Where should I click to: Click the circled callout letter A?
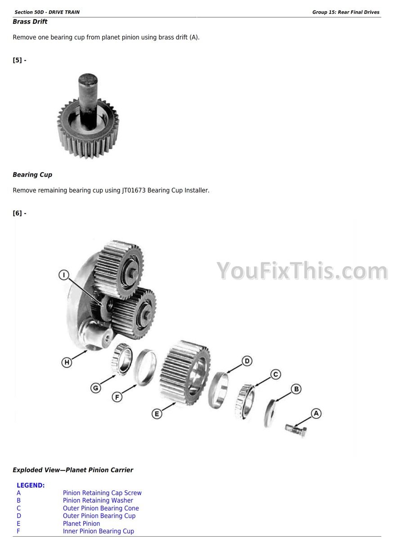(x=316, y=413)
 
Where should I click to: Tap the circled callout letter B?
(x=296, y=389)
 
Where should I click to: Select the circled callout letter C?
(x=276, y=374)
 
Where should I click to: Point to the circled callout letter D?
(x=247, y=361)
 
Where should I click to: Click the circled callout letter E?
(x=156, y=414)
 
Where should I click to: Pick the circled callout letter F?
(x=117, y=397)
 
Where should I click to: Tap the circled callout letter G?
(x=95, y=388)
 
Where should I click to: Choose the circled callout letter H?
(x=67, y=362)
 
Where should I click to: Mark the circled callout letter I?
(x=64, y=275)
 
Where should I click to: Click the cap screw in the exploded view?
(x=295, y=430)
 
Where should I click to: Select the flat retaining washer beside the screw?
(x=270, y=413)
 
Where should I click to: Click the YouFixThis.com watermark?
(x=302, y=271)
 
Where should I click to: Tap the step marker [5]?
(x=20, y=60)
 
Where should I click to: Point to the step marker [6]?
(x=20, y=213)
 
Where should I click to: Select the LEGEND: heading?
(x=31, y=485)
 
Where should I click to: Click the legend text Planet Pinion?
(x=81, y=524)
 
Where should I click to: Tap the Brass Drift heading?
(x=30, y=22)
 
